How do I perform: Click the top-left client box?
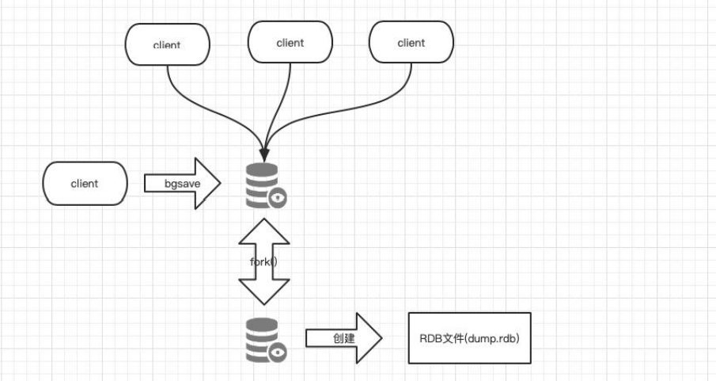(167, 44)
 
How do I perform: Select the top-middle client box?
(290, 43)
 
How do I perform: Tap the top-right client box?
(411, 43)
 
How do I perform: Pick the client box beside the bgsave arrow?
(85, 184)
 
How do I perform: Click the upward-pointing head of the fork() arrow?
(264, 230)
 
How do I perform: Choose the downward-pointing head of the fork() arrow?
(264, 295)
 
